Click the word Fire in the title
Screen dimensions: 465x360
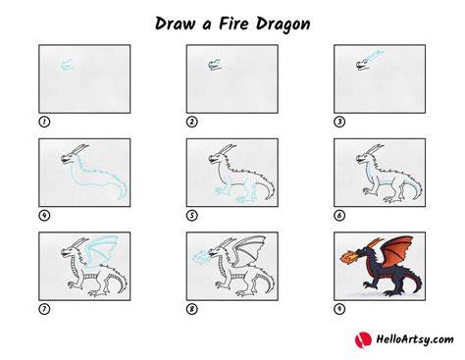click(234, 24)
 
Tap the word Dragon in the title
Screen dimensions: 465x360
click(284, 25)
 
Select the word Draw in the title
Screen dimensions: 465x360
click(175, 24)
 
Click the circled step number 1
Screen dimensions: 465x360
click(44, 122)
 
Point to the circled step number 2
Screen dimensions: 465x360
click(192, 122)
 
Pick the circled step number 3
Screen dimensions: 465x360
click(339, 122)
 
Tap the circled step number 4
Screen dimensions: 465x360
click(44, 216)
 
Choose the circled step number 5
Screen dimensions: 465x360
click(192, 216)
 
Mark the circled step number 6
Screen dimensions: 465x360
click(339, 216)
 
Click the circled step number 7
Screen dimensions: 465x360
click(44, 309)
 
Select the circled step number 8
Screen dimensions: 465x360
click(192, 309)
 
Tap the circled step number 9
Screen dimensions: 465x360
click(339, 309)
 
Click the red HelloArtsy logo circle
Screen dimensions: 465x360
click(363, 339)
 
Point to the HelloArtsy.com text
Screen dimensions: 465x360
click(415, 339)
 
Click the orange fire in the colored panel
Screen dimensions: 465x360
click(348, 256)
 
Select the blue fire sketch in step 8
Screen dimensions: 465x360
click(200, 256)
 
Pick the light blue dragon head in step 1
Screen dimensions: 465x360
click(67, 65)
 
